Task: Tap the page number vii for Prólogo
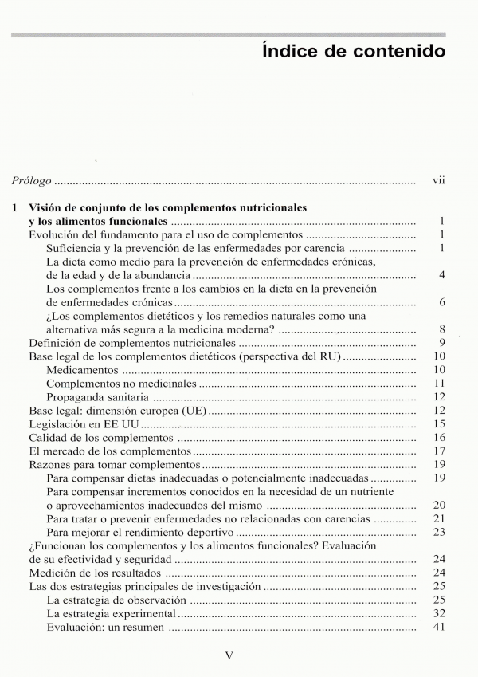[x=438, y=181]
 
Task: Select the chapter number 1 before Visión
[x=15, y=207]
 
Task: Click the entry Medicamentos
[x=83, y=370]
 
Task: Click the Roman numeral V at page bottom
[x=230, y=656]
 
